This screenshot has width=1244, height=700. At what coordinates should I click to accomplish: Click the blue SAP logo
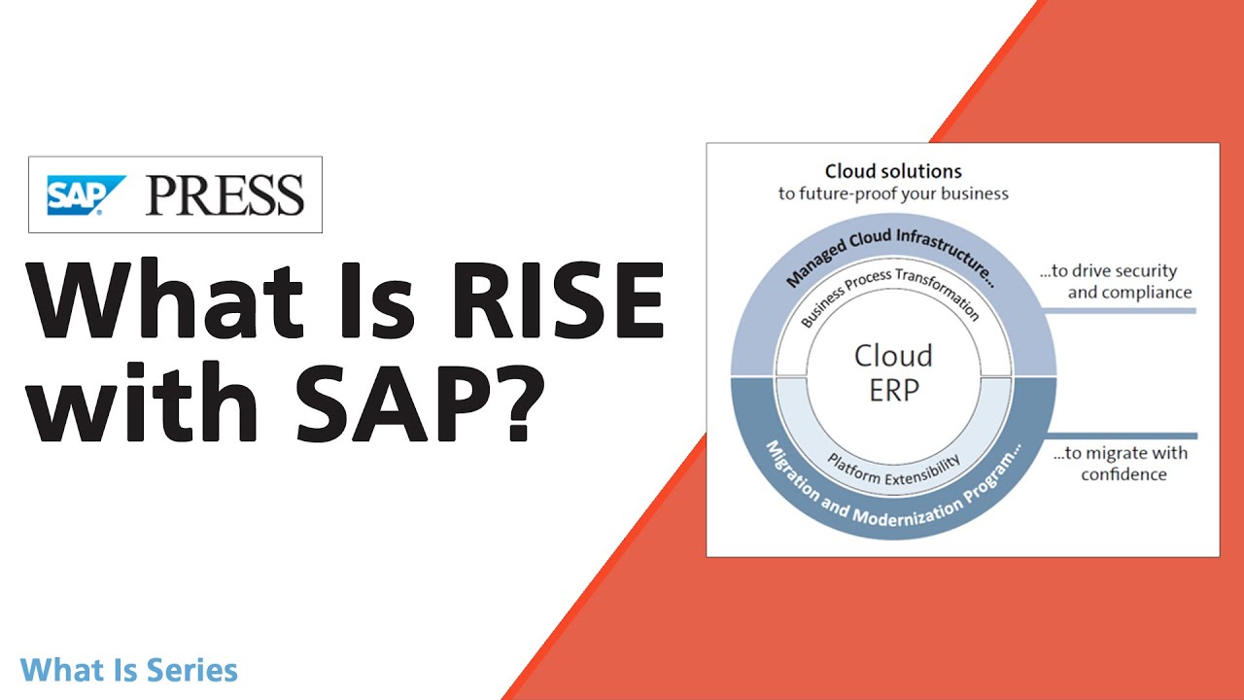pos(86,194)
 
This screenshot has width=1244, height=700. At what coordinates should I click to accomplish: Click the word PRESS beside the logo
pos(225,194)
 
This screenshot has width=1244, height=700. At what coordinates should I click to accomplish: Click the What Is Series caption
pos(128,670)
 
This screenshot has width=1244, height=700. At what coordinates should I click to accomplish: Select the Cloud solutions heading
pos(892,171)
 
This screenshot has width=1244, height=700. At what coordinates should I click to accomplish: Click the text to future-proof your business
pos(892,193)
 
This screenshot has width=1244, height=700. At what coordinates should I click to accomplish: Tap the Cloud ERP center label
pos(892,371)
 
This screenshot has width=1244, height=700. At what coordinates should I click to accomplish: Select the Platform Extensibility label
pos(894,470)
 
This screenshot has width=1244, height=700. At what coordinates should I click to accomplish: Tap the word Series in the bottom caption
pos(192,670)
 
